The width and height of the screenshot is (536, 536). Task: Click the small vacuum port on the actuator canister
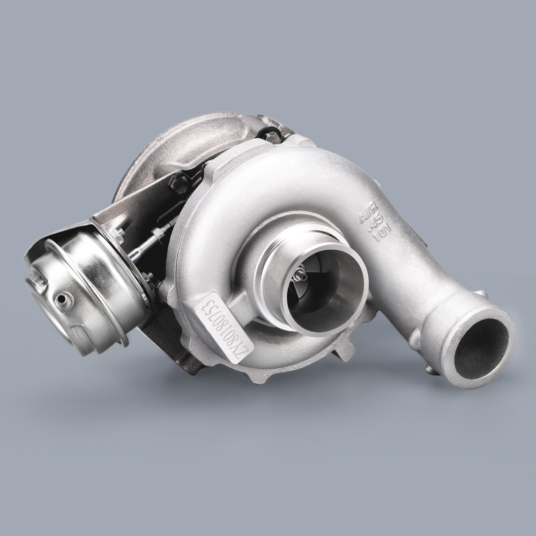pos(66,300)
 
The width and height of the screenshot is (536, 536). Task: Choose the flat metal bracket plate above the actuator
pos(134,204)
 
